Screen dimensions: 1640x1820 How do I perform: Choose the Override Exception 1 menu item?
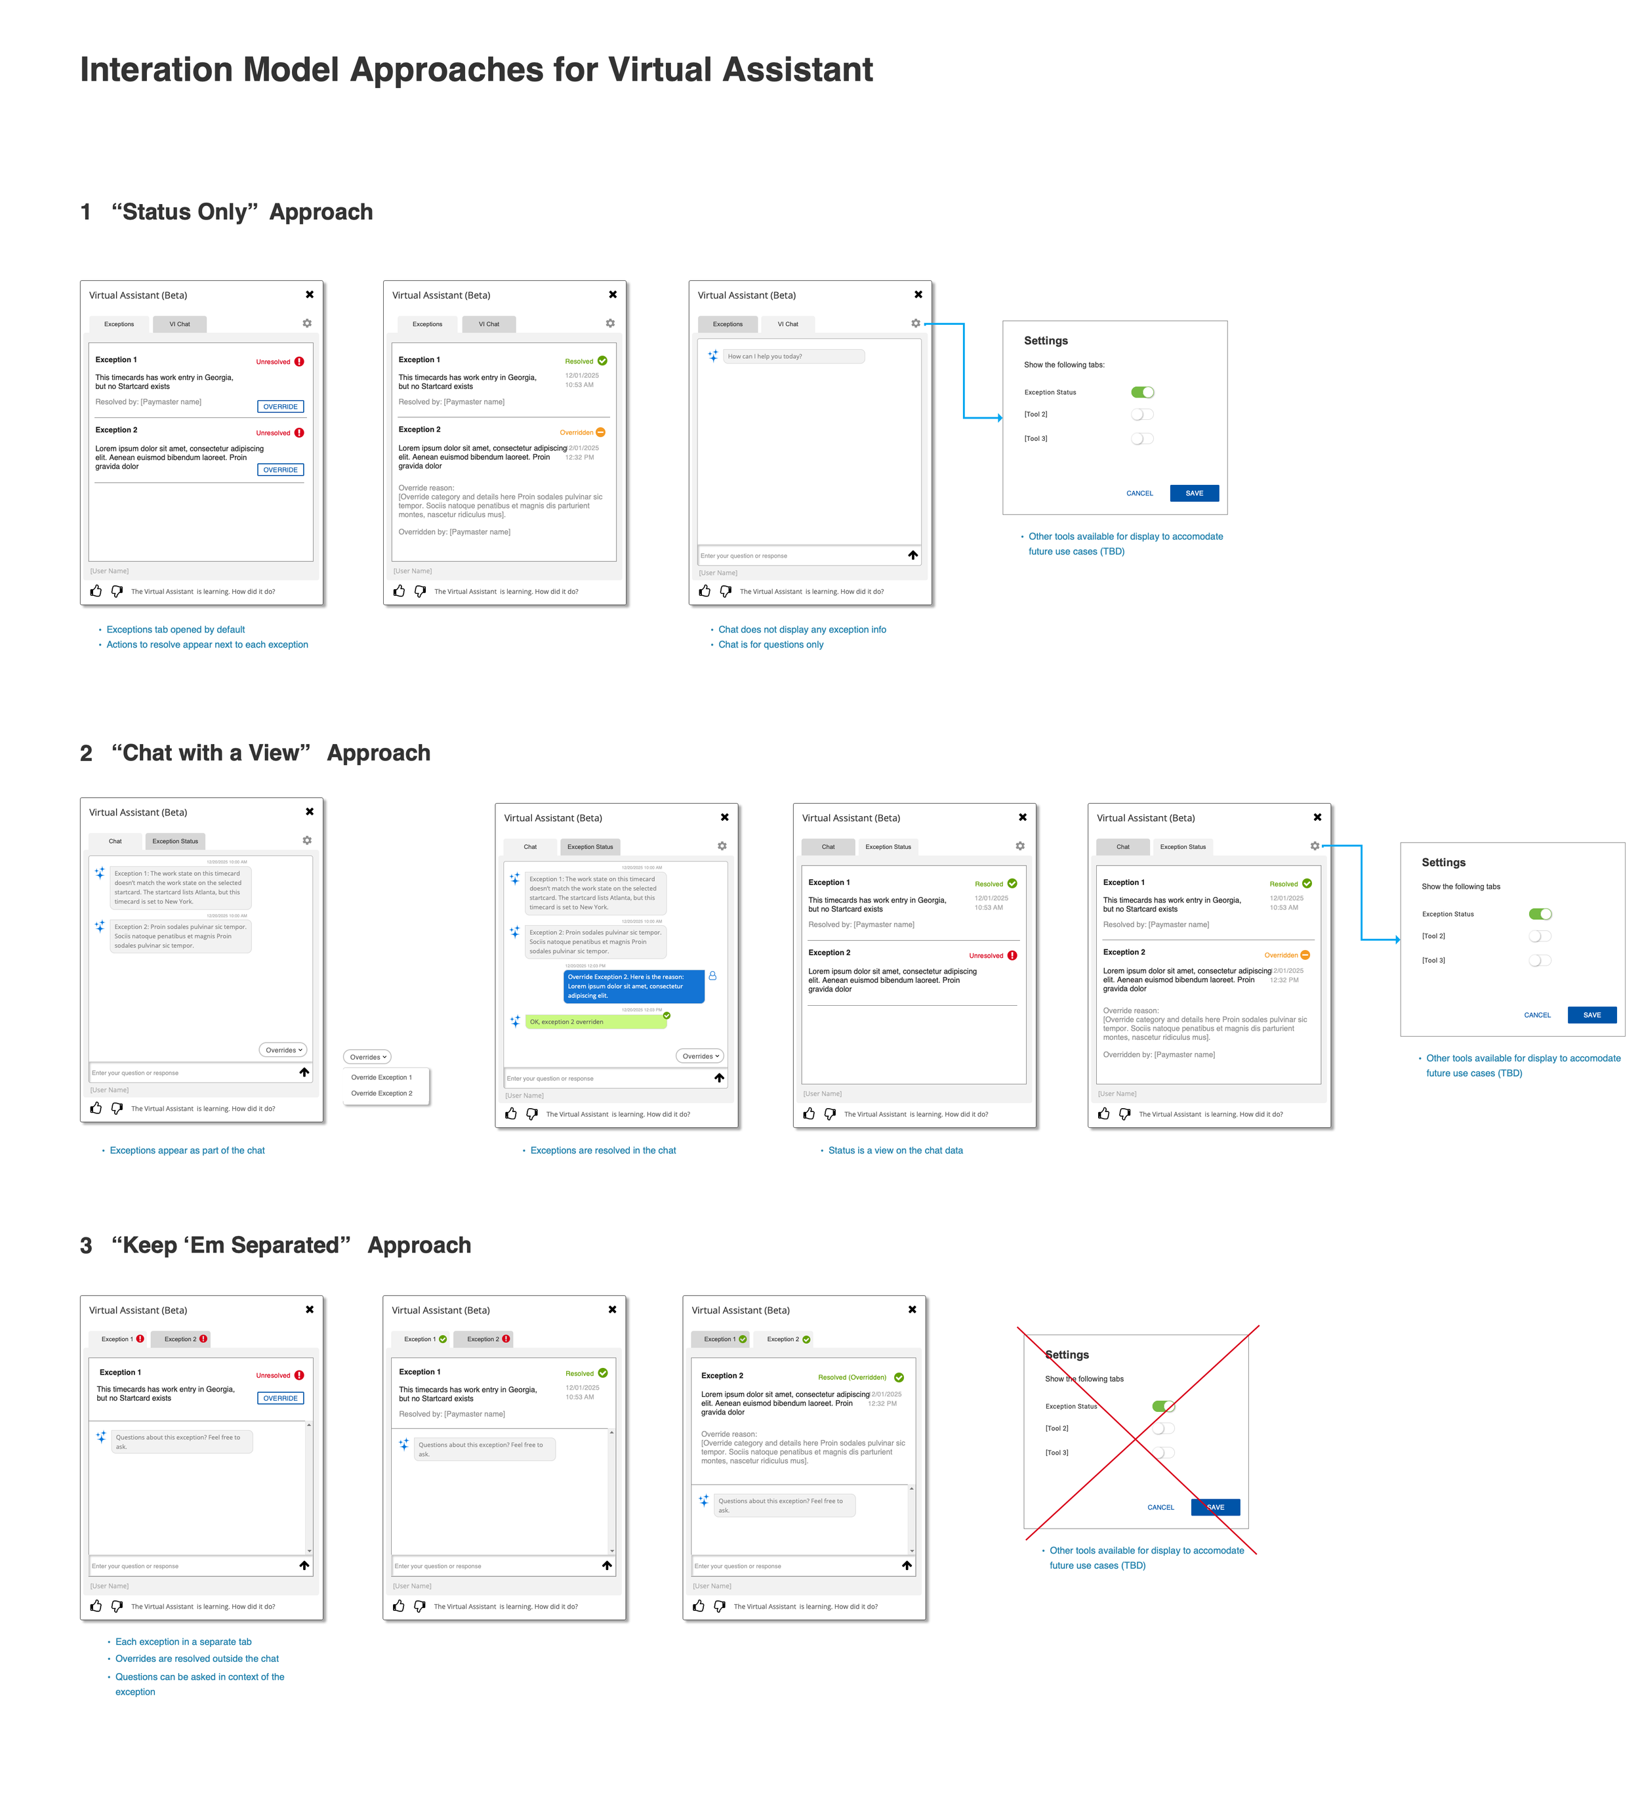click(x=381, y=1077)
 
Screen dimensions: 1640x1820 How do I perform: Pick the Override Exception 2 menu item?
click(x=381, y=1093)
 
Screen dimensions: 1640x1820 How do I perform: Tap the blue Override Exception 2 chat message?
click(x=632, y=985)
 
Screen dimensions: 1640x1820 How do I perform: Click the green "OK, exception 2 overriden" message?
click(x=595, y=1022)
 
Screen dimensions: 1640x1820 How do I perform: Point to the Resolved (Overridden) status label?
click(x=851, y=1376)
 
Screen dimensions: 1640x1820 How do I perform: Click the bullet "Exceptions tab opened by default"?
click(x=176, y=630)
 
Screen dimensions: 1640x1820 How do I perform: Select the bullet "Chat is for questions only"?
click(x=770, y=644)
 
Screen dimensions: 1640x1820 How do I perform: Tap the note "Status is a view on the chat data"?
click(x=895, y=1151)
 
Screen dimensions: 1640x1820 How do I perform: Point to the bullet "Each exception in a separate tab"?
click(x=183, y=1642)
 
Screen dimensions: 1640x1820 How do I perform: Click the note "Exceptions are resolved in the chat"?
click(x=603, y=1151)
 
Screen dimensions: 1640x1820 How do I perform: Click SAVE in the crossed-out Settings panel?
click(x=1215, y=1507)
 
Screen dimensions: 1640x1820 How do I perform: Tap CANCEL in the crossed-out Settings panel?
click(x=1160, y=1507)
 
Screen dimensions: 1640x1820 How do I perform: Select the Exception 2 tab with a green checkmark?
click(x=788, y=1339)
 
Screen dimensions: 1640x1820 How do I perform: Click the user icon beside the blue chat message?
click(x=713, y=976)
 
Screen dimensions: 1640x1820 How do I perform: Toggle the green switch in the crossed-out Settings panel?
click(x=1163, y=1407)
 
